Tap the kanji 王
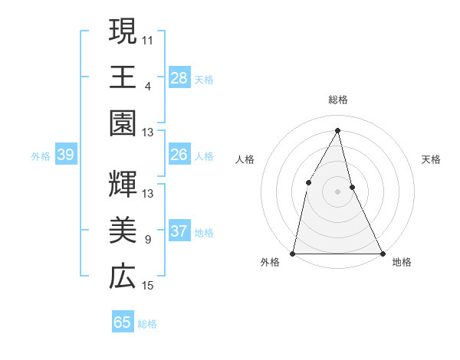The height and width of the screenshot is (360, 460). (x=123, y=77)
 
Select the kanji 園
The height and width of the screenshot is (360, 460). (x=123, y=123)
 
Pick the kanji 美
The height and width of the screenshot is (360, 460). (x=123, y=231)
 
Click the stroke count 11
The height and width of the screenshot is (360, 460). (x=148, y=38)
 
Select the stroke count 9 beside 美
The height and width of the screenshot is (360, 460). (x=148, y=239)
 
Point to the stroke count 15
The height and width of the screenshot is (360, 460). (x=148, y=286)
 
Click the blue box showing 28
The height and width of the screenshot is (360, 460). (x=179, y=77)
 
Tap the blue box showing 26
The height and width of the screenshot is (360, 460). (x=179, y=155)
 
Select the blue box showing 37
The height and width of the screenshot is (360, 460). (x=179, y=231)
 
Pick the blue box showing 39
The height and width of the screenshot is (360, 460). (x=65, y=155)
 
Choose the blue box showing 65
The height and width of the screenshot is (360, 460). (x=123, y=322)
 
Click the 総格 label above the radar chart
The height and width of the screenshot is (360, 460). (x=338, y=100)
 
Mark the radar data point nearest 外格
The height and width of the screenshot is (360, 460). (x=294, y=253)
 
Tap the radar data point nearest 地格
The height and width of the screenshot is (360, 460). (x=382, y=253)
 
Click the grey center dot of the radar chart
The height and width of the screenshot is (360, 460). (x=337, y=191)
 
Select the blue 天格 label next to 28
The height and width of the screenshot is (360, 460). (x=204, y=79)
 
